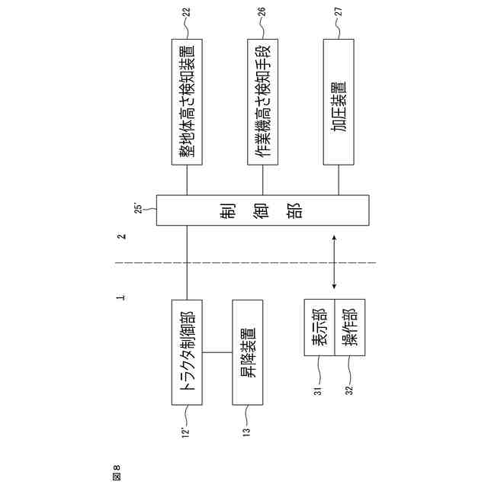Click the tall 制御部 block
(x=262, y=210)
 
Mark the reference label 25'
(x=139, y=207)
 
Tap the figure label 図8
(x=117, y=472)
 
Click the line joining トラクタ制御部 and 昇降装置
(x=217, y=353)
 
